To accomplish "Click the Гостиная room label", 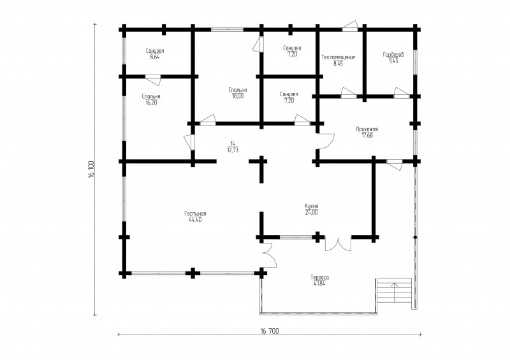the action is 195,213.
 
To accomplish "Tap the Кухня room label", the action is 311,206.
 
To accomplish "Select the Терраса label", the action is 320,277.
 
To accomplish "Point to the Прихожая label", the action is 367,129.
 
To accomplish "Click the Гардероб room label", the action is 393,55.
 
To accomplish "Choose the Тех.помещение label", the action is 339,57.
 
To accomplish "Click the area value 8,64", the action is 155,57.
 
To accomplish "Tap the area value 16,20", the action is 151,103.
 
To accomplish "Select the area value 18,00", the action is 238,96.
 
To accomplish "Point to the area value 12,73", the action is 233,150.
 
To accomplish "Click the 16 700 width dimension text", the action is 270,331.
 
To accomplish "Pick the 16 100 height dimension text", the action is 91,169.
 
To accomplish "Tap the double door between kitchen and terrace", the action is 339,243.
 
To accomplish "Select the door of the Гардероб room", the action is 402,92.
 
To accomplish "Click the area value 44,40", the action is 195,220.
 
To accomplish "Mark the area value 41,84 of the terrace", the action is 320,284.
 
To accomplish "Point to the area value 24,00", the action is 311,212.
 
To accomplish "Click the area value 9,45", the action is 393,61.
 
